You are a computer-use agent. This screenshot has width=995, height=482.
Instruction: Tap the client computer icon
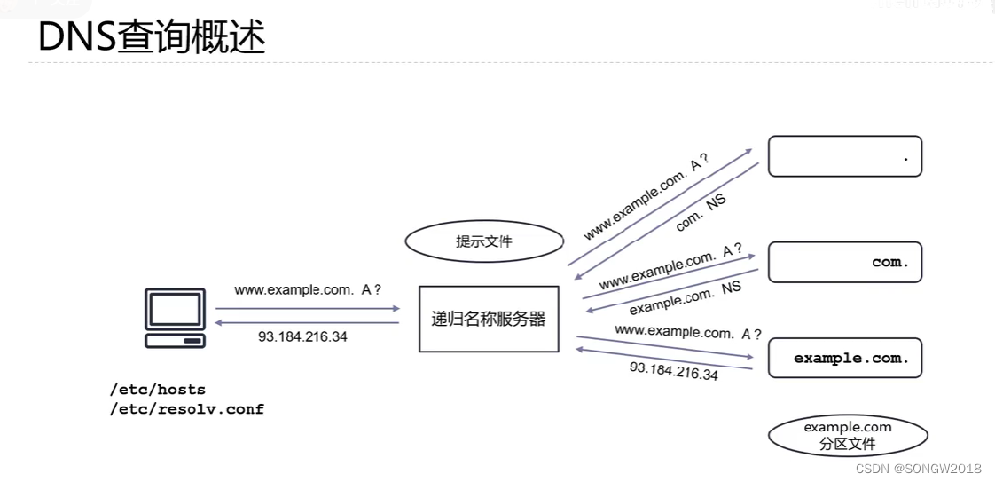[176, 317]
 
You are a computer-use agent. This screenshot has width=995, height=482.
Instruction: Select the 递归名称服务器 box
[489, 319]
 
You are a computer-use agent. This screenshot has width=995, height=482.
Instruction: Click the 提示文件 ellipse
[484, 241]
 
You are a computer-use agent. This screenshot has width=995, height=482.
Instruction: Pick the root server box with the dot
[844, 156]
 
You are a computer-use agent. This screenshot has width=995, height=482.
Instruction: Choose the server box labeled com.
[844, 262]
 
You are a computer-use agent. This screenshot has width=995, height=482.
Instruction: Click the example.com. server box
[844, 358]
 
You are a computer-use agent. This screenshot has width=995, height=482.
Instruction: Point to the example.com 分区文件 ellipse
[848, 436]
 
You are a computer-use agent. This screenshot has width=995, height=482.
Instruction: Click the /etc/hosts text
[158, 390]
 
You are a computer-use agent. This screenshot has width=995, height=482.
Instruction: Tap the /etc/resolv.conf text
[187, 409]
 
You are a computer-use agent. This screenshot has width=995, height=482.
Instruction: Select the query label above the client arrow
[308, 290]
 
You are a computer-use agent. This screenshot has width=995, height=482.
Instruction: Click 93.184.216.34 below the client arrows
[302, 337]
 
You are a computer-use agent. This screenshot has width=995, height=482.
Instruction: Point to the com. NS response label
[701, 213]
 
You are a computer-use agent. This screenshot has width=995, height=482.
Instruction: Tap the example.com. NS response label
[685, 297]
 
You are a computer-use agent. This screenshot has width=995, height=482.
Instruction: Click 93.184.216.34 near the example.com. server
[674, 370]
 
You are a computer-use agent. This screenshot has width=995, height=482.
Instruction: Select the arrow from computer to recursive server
[308, 309]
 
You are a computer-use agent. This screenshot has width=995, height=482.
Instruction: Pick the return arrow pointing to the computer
[308, 322]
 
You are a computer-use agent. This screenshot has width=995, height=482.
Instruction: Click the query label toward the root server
[646, 197]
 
